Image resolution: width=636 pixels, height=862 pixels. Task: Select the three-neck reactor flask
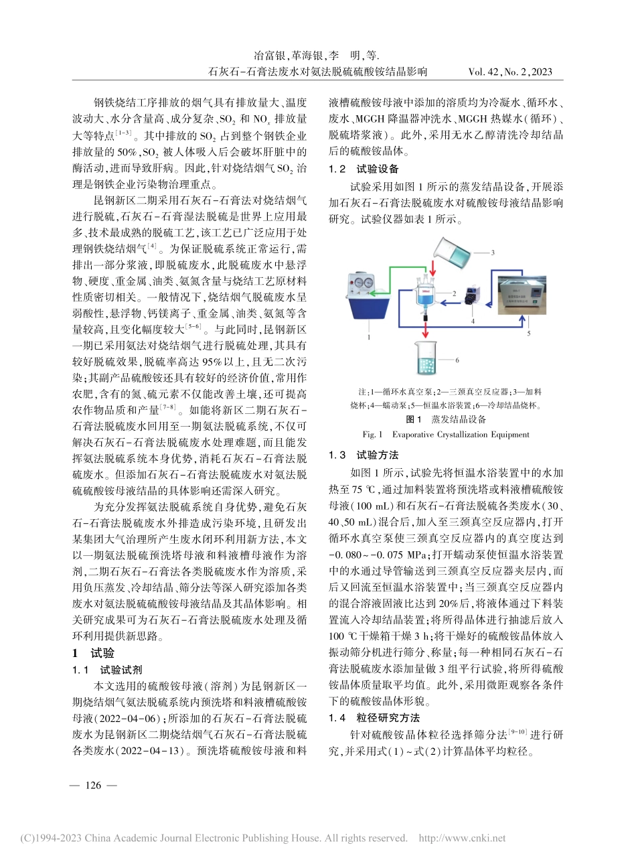click(x=426, y=295)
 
